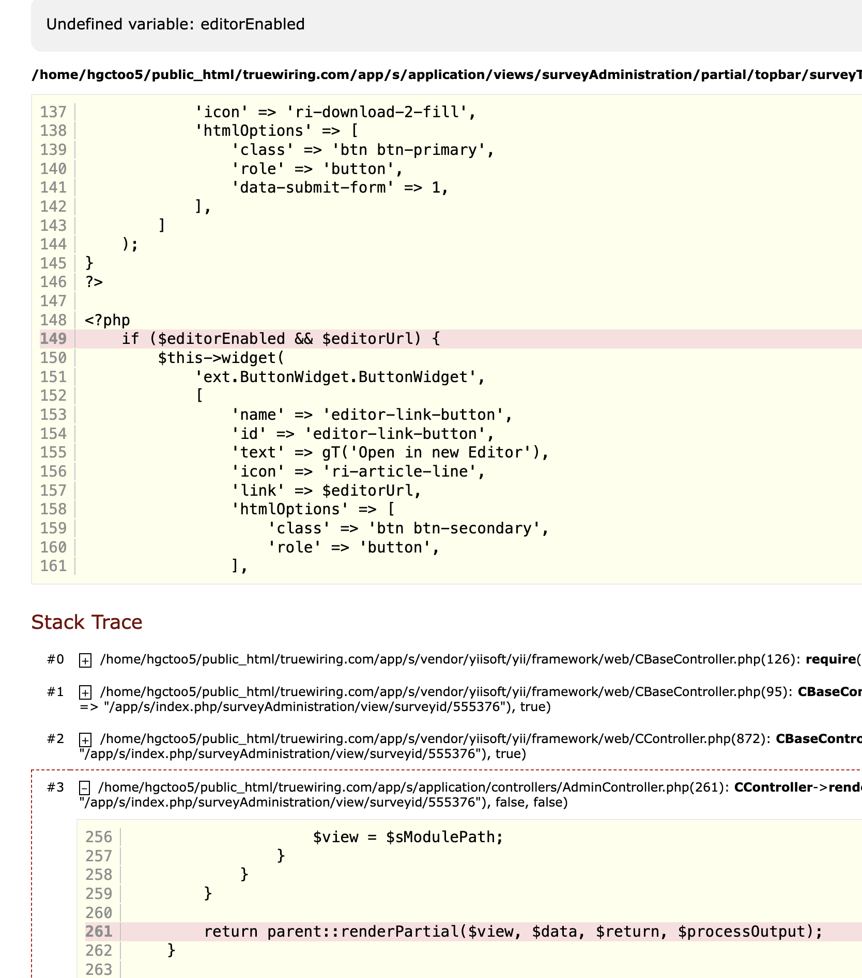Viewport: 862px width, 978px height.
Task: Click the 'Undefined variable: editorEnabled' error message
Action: [175, 24]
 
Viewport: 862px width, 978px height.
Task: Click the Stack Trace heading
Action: [86, 622]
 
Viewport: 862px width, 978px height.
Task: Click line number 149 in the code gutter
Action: [54, 339]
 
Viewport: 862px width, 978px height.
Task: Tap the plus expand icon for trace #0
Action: [85, 660]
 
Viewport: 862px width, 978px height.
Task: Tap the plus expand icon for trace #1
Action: [85, 692]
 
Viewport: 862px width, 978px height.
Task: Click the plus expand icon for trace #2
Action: [85, 739]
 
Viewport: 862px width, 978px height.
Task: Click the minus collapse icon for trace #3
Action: [85, 787]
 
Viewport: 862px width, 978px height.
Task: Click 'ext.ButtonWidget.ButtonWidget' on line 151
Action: [336, 377]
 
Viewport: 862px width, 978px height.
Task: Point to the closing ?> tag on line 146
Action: [94, 282]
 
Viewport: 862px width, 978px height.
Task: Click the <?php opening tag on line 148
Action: [107, 320]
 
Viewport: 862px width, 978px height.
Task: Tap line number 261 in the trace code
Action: [99, 932]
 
